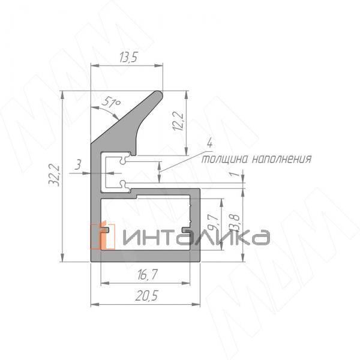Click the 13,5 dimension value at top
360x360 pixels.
pos(127,58)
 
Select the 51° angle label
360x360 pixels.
pos(110,104)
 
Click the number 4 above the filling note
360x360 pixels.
pos(209,143)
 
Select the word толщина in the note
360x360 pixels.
pos(223,159)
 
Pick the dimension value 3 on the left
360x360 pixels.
pos(79,164)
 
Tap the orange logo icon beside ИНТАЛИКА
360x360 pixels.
pos(103,236)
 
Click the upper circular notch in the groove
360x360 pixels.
pos(122,160)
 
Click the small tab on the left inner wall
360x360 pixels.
pos(105,229)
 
